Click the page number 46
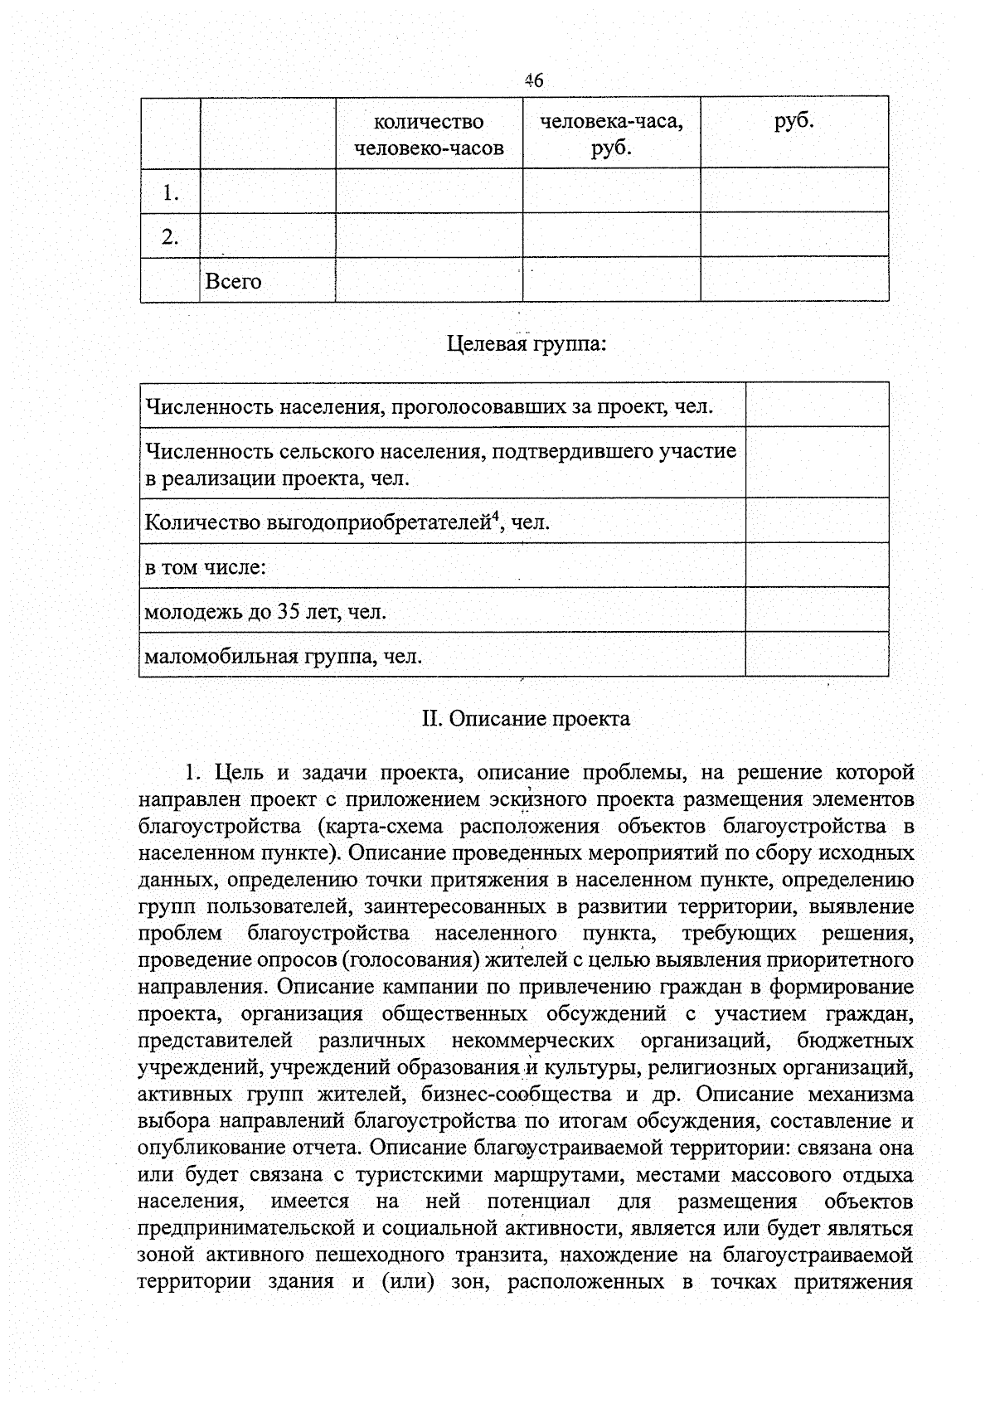[533, 80]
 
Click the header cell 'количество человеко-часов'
[429, 135]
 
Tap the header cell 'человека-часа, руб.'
[611, 135]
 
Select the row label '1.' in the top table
[171, 193]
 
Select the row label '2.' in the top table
[170, 237]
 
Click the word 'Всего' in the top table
[233, 282]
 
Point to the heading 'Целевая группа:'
[527, 343]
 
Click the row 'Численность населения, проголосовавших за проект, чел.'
[430, 407]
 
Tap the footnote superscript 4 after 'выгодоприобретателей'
[495, 517]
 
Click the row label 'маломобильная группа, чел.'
[284, 658]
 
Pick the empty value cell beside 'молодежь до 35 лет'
[817, 610]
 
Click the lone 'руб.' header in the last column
[794, 122]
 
